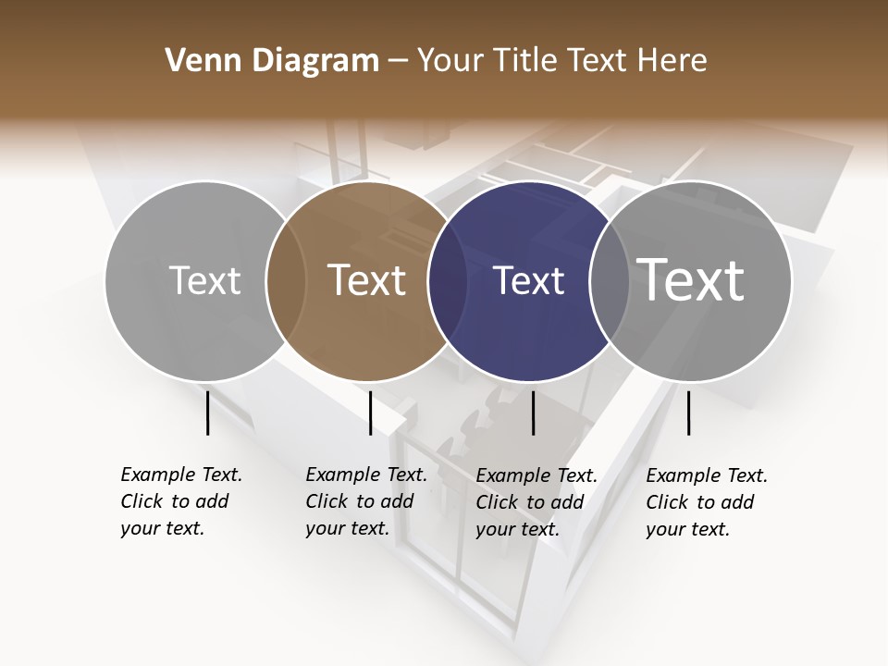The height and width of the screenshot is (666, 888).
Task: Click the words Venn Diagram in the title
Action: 272,61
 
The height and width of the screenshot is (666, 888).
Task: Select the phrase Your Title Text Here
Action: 561,61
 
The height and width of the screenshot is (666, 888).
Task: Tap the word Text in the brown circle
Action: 366,280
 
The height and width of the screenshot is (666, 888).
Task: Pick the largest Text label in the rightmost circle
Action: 690,279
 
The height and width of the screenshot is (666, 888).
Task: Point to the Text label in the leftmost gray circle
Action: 204,280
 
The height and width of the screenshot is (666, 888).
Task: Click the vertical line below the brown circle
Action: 370,413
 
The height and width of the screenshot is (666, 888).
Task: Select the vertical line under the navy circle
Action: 533,413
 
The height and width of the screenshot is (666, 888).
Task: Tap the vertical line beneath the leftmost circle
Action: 207,413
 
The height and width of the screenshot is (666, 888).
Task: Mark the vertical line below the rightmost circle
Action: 688,413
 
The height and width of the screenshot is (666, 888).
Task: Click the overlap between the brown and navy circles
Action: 447,281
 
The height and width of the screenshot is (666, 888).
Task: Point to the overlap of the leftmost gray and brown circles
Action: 285,281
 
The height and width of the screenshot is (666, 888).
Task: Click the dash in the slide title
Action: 398,61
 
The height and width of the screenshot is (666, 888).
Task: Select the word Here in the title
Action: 675,61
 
